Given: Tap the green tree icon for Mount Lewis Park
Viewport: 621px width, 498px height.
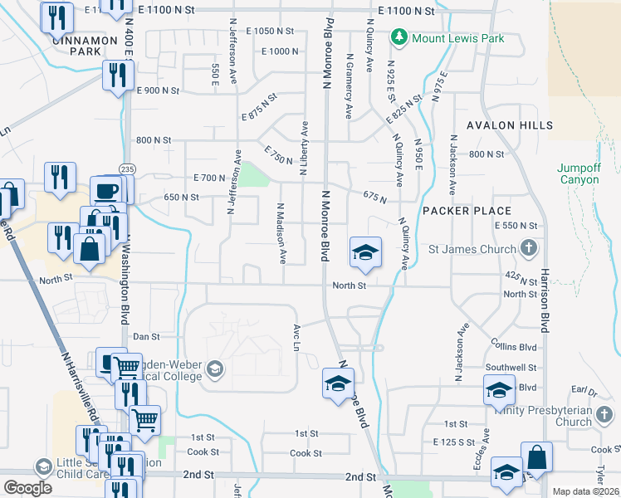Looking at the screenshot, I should tap(399, 37).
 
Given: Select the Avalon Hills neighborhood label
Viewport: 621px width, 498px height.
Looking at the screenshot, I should tap(509, 125).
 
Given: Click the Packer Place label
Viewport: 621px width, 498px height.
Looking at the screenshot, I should tap(466, 211).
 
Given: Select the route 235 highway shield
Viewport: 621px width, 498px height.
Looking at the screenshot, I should tap(125, 168).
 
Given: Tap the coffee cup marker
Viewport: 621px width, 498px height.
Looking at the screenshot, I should tap(105, 190).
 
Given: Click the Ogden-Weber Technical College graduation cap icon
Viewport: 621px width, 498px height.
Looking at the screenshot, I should tap(215, 369).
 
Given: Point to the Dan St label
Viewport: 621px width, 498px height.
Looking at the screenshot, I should tap(146, 337).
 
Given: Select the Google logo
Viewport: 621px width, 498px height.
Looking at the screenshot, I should tap(27, 488).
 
